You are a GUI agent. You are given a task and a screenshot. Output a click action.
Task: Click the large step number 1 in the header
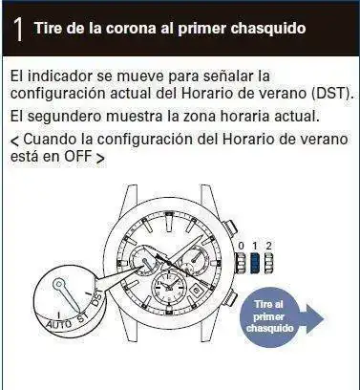18,29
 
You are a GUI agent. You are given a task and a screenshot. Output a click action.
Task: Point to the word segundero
66,117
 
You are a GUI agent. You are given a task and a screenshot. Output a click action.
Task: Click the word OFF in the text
77,156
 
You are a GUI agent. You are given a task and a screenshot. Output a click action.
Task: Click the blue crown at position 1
255,263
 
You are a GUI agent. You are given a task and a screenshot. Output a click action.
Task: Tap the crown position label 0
242,246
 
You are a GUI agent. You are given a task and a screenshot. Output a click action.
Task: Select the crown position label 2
268,246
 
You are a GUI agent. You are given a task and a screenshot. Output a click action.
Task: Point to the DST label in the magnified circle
97,297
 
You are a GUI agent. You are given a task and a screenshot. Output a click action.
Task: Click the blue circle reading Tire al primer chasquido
270,316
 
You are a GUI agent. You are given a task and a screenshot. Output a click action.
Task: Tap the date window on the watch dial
196,290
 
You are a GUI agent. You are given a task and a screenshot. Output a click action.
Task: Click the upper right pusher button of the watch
231,227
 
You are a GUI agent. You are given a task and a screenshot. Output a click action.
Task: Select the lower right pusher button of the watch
231,298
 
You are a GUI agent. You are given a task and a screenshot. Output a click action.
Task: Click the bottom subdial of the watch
168,286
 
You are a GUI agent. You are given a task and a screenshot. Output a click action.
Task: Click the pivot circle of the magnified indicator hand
58,283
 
